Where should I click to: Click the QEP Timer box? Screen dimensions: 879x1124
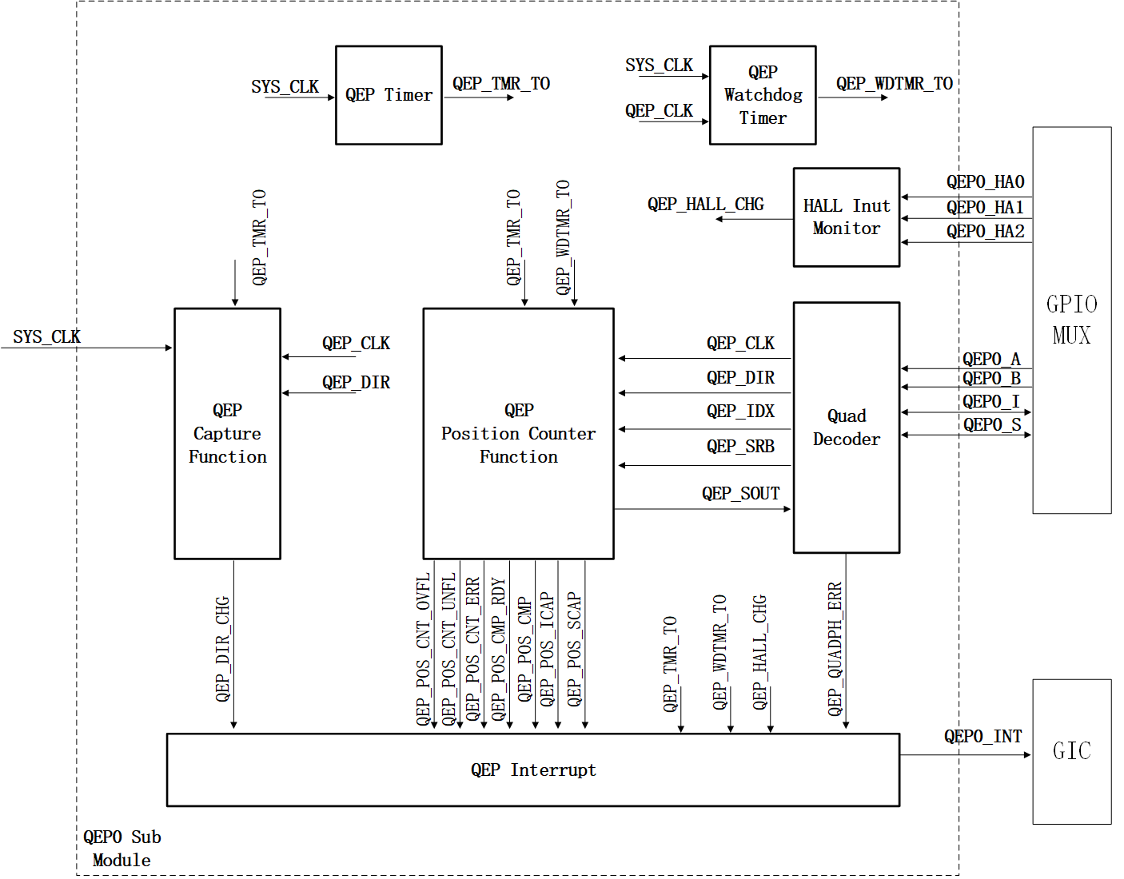click(389, 95)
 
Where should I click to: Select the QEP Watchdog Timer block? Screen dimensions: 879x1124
click(763, 95)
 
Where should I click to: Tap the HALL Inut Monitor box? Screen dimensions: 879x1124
click(846, 217)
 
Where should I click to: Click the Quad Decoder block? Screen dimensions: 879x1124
click(846, 428)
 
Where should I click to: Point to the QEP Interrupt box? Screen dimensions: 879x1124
click(532, 770)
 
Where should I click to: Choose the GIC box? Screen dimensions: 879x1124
click(1071, 751)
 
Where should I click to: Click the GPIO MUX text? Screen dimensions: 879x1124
click(1071, 320)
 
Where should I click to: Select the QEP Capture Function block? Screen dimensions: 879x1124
click(227, 433)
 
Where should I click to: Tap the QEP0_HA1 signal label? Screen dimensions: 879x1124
click(985, 208)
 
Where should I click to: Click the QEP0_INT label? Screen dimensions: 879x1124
click(983, 736)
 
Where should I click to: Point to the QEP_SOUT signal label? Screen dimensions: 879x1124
click(740, 494)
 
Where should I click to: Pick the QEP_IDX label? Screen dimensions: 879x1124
click(740, 412)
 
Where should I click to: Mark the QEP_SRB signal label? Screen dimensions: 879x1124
click(740, 447)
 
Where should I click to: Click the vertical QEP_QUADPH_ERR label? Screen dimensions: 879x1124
click(835, 649)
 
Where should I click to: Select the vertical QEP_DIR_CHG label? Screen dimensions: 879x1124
click(222, 649)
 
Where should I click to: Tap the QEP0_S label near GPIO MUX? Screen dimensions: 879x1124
click(991, 425)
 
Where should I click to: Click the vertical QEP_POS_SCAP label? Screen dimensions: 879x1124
click(574, 649)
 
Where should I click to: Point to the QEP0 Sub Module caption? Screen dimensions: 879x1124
click(122, 849)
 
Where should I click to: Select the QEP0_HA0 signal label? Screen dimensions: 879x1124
click(985, 182)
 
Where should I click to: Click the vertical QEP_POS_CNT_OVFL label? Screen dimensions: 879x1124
click(423, 649)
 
